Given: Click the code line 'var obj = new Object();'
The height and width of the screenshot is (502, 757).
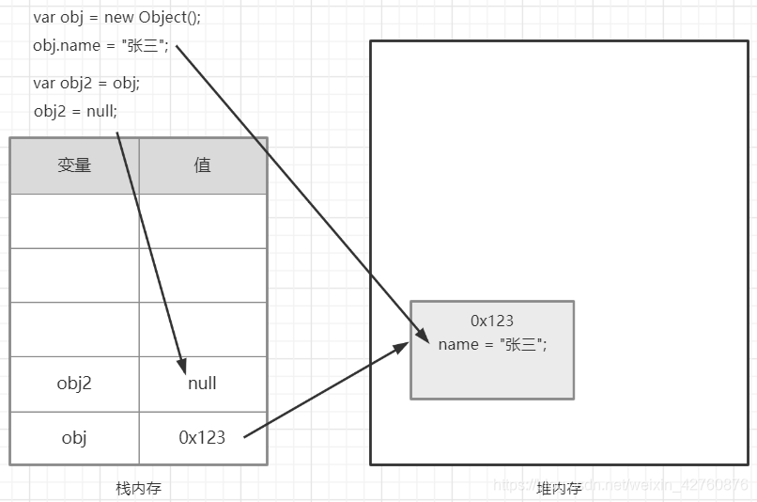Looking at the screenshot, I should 116,17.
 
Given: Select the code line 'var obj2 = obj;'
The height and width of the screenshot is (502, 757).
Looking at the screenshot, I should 86,83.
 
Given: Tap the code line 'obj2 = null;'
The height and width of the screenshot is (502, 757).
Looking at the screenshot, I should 75,111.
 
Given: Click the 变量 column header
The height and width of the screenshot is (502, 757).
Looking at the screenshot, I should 74,165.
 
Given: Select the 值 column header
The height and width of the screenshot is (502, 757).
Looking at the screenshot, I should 202,165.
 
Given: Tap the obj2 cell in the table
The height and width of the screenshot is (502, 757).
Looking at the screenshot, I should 74,383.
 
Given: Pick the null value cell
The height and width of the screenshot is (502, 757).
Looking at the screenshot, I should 202,383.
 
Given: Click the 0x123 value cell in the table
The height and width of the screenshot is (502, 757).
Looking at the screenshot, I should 202,437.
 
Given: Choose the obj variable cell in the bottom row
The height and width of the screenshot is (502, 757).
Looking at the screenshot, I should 74,437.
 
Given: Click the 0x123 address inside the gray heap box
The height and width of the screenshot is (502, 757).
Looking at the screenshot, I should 492,321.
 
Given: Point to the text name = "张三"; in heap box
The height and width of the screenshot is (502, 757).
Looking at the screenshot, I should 492,344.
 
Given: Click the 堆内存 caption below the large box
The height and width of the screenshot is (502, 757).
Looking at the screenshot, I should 559,488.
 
